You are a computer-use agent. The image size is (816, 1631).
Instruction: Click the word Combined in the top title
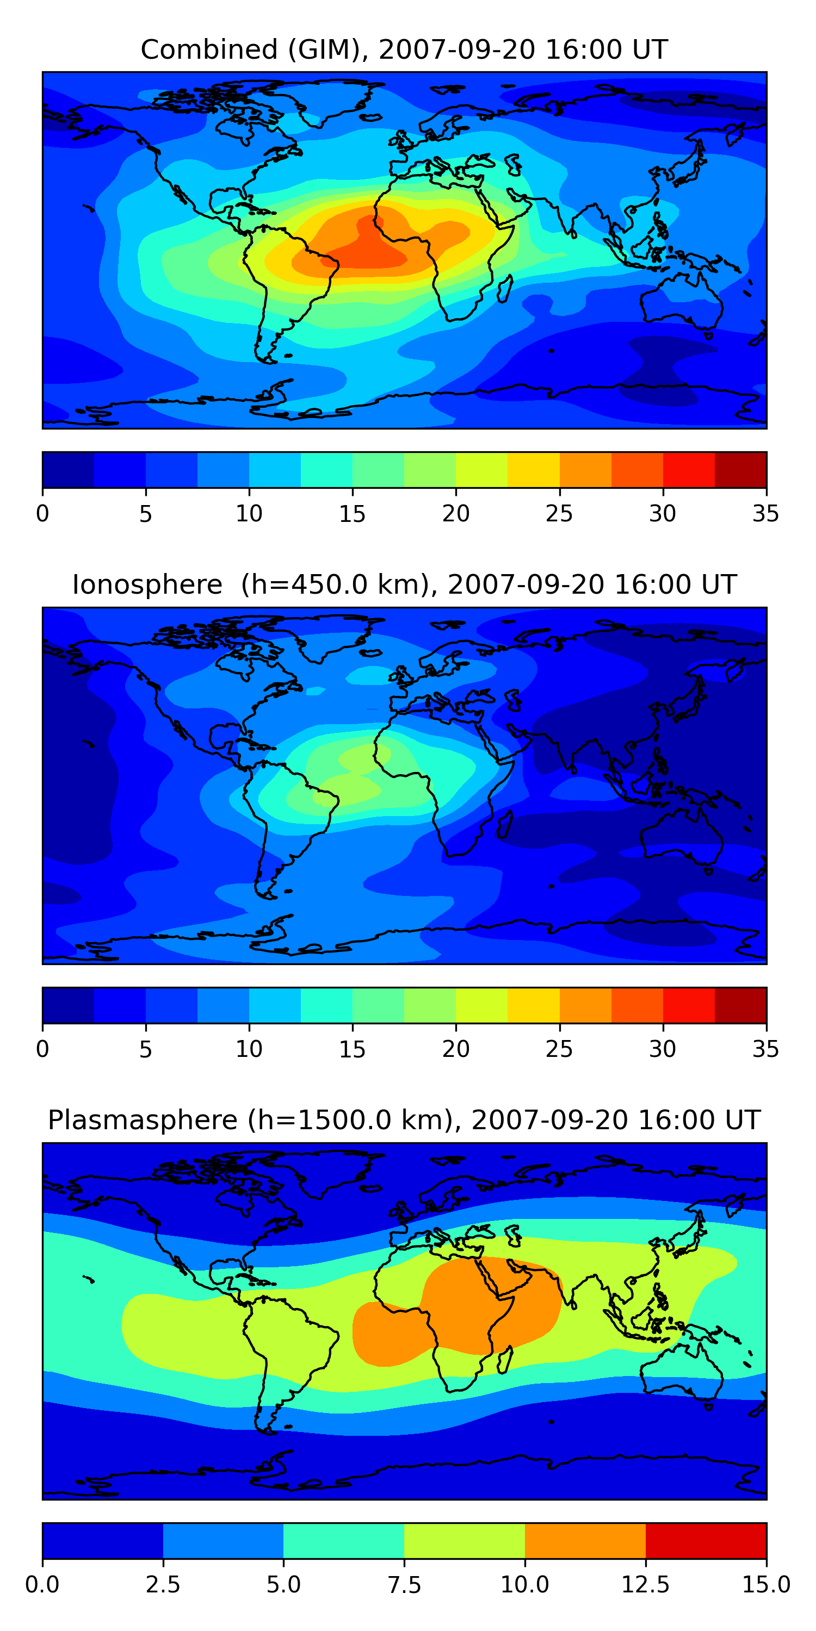click(x=209, y=49)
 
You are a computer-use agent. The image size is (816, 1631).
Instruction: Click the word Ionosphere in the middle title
click(x=147, y=584)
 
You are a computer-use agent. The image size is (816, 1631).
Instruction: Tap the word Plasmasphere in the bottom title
click(x=143, y=1120)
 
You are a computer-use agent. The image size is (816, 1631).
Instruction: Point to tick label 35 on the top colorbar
click(x=765, y=513)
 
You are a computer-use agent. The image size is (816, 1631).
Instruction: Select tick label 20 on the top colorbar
click(x=455, y=513)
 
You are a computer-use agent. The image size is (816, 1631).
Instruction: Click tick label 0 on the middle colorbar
click(x=42, y=1049)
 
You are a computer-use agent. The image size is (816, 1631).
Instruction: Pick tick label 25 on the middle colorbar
click(x=559, y=1049)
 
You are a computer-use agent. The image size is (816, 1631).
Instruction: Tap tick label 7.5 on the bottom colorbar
click(x=404, y=1585)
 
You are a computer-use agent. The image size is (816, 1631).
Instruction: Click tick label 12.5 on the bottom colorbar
click(x=645, y=1585)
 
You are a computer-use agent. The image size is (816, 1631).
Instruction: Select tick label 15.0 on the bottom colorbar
click(x=765, y=1585)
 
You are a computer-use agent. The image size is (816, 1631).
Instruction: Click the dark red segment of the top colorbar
click(x=740, y=470)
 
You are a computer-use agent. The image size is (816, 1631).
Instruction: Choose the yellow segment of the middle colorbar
click(x=534, y=1005)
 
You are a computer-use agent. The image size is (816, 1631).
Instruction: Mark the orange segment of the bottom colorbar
click(x=585, y=1540)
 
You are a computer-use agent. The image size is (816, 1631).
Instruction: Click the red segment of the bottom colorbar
click(x=706, y=1540)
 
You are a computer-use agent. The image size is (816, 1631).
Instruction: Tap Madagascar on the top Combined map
click(x=505, y=288)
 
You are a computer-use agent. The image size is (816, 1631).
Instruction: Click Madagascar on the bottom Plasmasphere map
click(x=505, y=1359)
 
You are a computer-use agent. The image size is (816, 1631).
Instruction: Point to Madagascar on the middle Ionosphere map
click(x=505, y=824)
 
